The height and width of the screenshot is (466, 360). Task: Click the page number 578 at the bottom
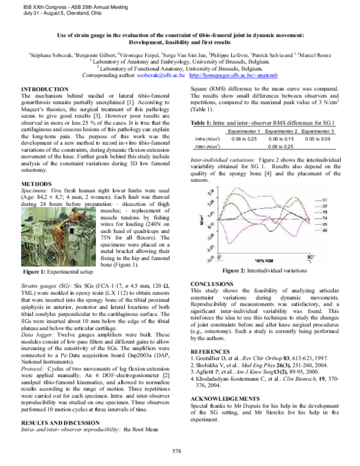(176, 450)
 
